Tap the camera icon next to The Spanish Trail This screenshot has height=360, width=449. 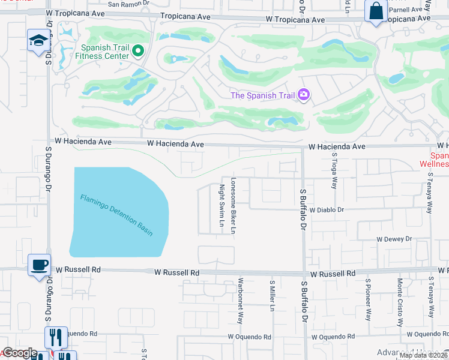click(x=304, y=95)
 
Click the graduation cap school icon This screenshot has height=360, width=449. click(x=39, y=41)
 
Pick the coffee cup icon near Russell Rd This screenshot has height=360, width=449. click(x=39, y=265)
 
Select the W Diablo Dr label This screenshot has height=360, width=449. click(x=327, y=210)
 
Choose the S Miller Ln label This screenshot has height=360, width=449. click(x=272, y=296)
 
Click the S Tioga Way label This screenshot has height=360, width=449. click(x=334, y=171)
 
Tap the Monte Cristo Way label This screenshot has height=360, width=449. click(x=400, y=302)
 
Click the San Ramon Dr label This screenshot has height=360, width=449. click(x=131, y=4)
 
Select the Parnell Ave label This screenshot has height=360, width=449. click(x=405, y=10)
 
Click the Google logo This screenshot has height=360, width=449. click(x=19, y=353)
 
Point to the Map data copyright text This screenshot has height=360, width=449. click(x=423, y=355)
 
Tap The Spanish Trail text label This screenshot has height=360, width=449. click(x=262, y=95)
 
